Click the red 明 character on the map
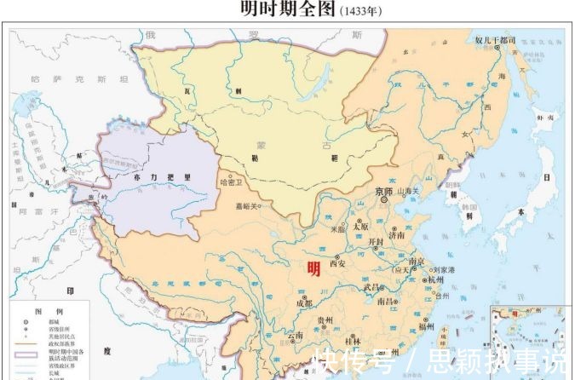313,269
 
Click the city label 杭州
436,279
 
